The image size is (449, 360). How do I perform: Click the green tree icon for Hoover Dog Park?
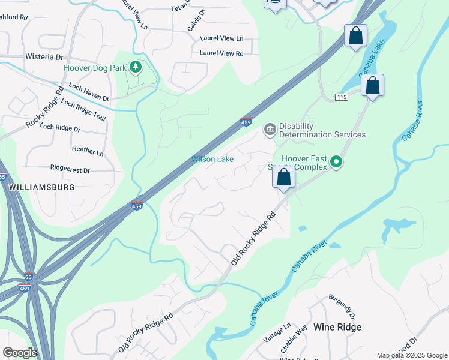[x=136, y=67]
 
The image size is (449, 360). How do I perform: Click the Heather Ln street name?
[x=88, y=150]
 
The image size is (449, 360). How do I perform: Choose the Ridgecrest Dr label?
[x=70, y=170]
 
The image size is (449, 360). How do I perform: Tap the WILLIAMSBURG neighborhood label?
[x=42, y=187]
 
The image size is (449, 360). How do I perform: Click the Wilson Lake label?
[x=212, y=159]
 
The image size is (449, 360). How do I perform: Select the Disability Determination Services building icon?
[x=270, y=128]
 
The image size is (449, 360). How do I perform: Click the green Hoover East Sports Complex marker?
[x=336, y=161]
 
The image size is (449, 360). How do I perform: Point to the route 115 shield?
[x=342, y=97]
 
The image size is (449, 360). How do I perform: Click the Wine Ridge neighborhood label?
[x=338, y=327]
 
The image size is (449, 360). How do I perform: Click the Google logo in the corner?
[x=19, y=353]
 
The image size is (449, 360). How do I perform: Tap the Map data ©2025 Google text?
[x=411, y=355]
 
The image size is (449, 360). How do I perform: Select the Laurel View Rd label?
[x=221, y=53]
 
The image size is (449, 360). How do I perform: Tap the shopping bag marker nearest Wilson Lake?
[x=284, y=178]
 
